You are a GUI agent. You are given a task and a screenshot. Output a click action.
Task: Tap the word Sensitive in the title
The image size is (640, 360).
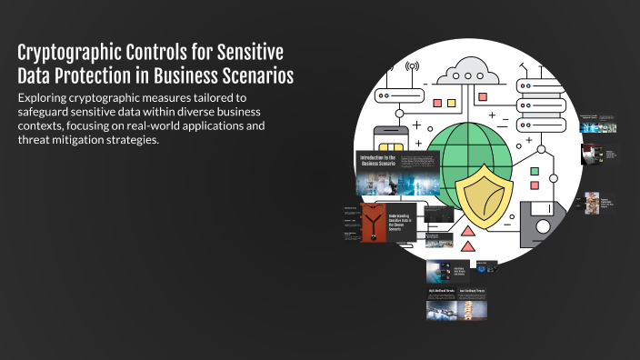pyautogui.click(x=247, y=51)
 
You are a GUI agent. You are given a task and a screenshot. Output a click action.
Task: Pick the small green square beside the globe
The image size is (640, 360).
pyautogui.click(x=535, y=171)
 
